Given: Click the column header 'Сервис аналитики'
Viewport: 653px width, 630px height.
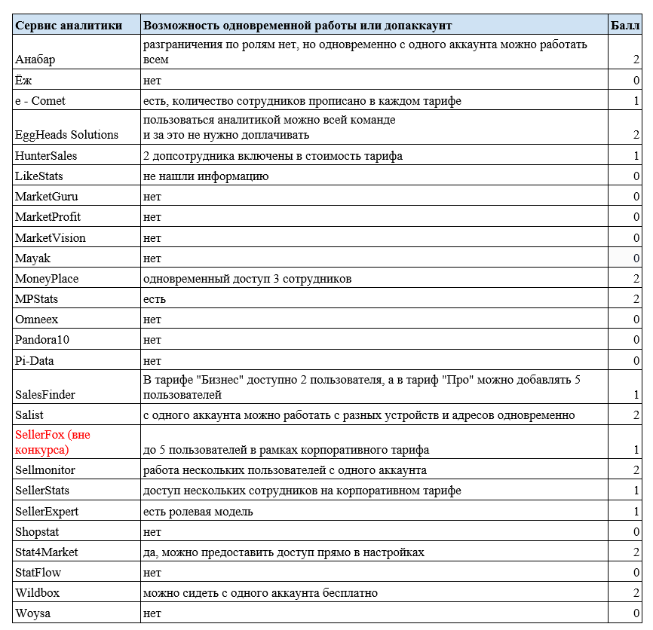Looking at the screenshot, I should [x=68, y=25].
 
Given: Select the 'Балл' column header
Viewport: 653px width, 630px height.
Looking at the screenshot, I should [x=625, y=25].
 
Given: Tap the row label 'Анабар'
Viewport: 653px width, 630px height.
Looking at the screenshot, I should [x=35, y=60].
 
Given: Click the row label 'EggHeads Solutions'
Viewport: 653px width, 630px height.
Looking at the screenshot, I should [x=67, y=135].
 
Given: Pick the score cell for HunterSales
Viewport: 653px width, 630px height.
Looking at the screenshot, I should [x=636, y=156].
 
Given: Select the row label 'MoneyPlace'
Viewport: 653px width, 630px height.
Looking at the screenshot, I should [x=47, y=279].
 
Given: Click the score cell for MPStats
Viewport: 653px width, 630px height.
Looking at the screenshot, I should [x=636, y=299].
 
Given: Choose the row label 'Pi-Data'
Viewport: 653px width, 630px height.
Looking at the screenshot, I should [x=35, y=361].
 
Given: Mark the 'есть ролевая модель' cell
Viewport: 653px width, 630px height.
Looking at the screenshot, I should [x=198, y=512].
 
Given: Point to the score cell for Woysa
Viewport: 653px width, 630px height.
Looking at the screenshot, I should [x=636, y=613].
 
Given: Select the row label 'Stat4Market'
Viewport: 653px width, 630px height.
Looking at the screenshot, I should [x=46, y=552].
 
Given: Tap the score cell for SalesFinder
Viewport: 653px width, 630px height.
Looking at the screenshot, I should [x=636, y=395].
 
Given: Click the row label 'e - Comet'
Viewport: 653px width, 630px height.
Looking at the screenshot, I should [x=41, y=101].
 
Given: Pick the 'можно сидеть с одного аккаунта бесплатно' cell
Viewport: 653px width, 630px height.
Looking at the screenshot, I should [x=260, y=593].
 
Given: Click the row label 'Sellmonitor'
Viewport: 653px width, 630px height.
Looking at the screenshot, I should [x=45, y=470].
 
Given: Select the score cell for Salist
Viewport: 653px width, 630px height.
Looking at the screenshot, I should [x=636, y=415].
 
